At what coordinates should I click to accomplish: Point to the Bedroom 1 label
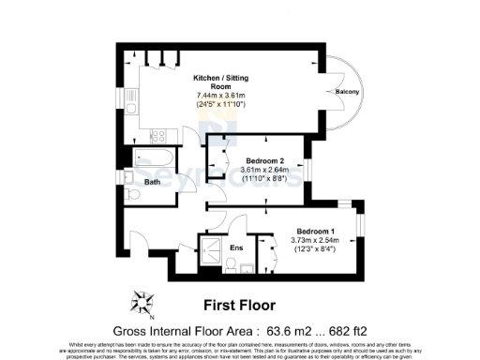click(x=315, y=231)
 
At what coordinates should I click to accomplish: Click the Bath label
click(x=153, y=183)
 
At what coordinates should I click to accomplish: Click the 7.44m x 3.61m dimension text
click(x=218, y=96)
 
